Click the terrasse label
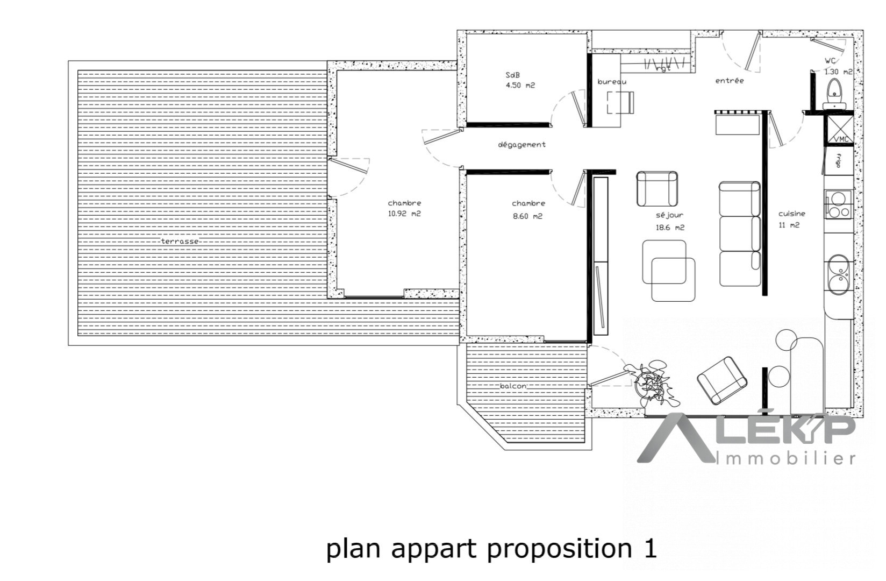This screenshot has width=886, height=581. (180, 241)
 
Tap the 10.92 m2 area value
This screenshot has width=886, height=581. (404, 214)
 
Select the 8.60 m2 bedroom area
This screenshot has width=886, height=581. (527, 216)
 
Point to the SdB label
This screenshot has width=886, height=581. (512, 75)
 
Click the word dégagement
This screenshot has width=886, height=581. (521, 145)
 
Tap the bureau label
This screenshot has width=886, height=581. (612, 82)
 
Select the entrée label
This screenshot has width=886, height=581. (730, 81)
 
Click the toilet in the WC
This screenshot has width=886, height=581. (834, 94)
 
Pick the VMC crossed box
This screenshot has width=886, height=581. (839, 129)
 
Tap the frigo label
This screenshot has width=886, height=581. (838, 161)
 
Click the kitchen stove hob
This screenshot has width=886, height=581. (838, 204)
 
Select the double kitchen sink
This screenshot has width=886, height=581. (838, 275)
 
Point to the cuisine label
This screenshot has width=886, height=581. (792, 214)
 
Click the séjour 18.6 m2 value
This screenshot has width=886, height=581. (670, 228)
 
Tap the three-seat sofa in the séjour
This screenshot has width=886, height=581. (740, 233)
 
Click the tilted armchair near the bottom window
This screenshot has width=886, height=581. (722, 380)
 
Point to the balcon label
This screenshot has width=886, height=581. (513, 386)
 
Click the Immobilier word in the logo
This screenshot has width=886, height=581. (786, 459)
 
